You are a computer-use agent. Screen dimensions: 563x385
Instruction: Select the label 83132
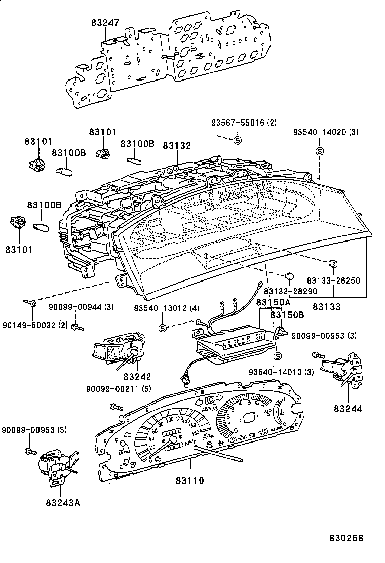pyautogui.click(x=177, y=146)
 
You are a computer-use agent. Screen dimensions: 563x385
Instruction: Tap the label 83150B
pyautogui.click(x=287, y=315)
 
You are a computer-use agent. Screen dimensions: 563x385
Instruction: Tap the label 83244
pyautogui.click(x=348, y=409)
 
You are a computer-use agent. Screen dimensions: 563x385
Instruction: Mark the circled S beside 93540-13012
pyautogui.click(x=162, y=328)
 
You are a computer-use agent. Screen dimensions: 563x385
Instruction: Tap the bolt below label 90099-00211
pyautogui.click(x=115, y=406)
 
